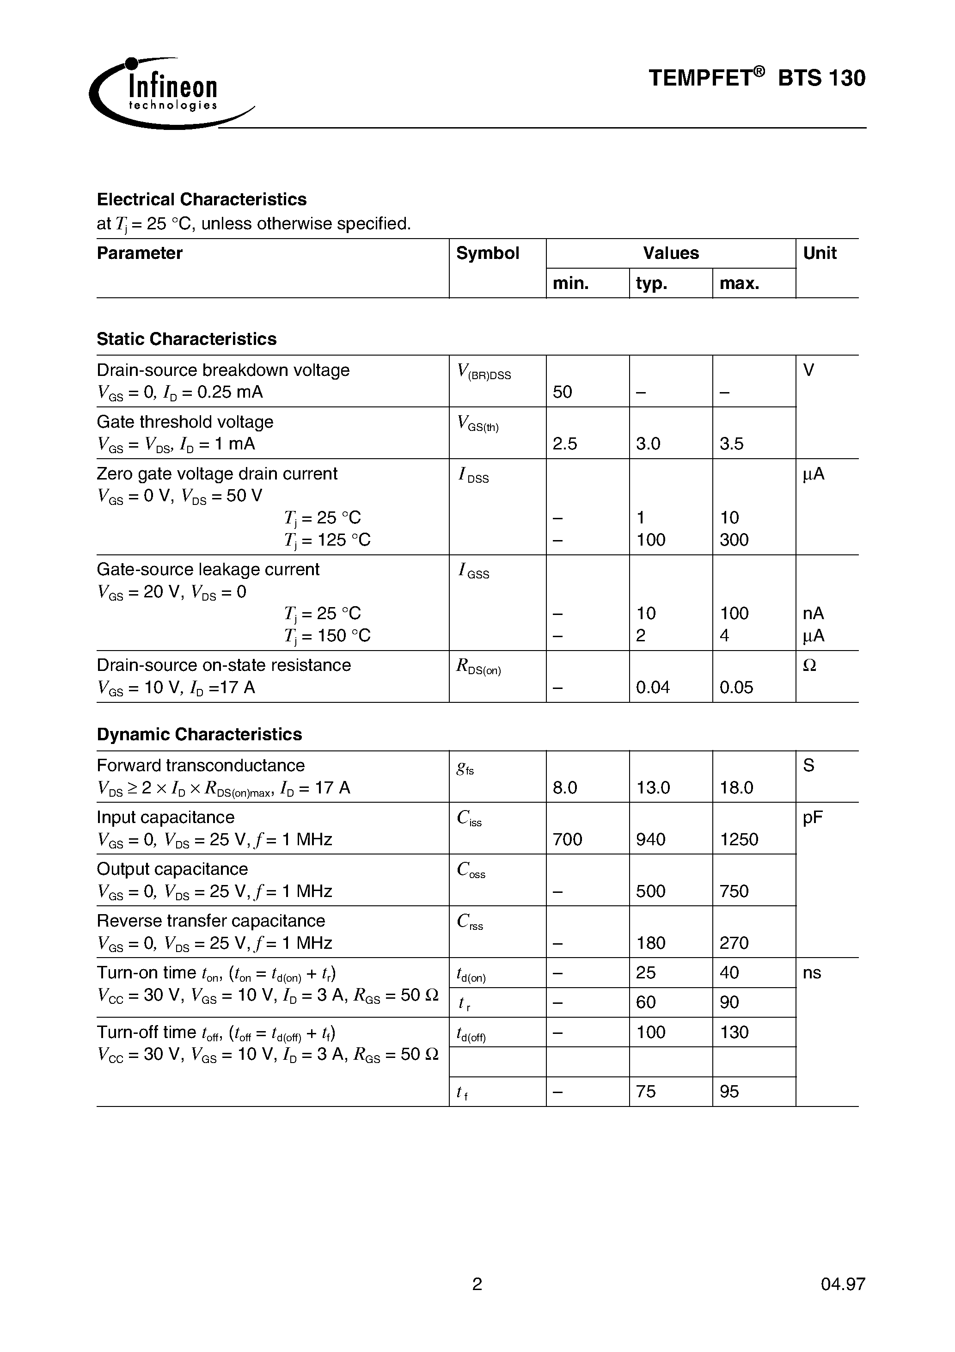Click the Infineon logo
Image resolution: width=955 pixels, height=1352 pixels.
coord(171,93)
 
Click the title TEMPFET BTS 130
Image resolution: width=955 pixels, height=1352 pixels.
coord(757,78)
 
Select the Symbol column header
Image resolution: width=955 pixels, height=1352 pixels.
coord(488,253)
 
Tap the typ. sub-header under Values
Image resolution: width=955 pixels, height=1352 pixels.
coord(651,284)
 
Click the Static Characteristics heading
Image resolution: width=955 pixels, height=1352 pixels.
coord(186,339)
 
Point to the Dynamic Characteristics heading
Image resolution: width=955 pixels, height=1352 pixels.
coord(199,734)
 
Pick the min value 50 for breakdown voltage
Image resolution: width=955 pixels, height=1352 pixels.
coord(562,392)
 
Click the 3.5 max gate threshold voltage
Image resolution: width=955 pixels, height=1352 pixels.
coord(731,444)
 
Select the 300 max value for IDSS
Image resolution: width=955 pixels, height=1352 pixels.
coord(734,540)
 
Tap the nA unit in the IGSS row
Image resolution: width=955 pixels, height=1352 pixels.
coord(813,614)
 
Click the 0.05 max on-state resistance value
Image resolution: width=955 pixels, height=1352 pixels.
coord(736,688)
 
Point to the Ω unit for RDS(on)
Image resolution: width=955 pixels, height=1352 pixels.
coord(809,665)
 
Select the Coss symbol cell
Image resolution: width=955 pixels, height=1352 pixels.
coord(471,870)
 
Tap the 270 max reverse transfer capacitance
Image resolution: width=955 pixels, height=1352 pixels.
coord(734,943)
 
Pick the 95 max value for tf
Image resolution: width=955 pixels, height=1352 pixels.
coord(729,1092)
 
